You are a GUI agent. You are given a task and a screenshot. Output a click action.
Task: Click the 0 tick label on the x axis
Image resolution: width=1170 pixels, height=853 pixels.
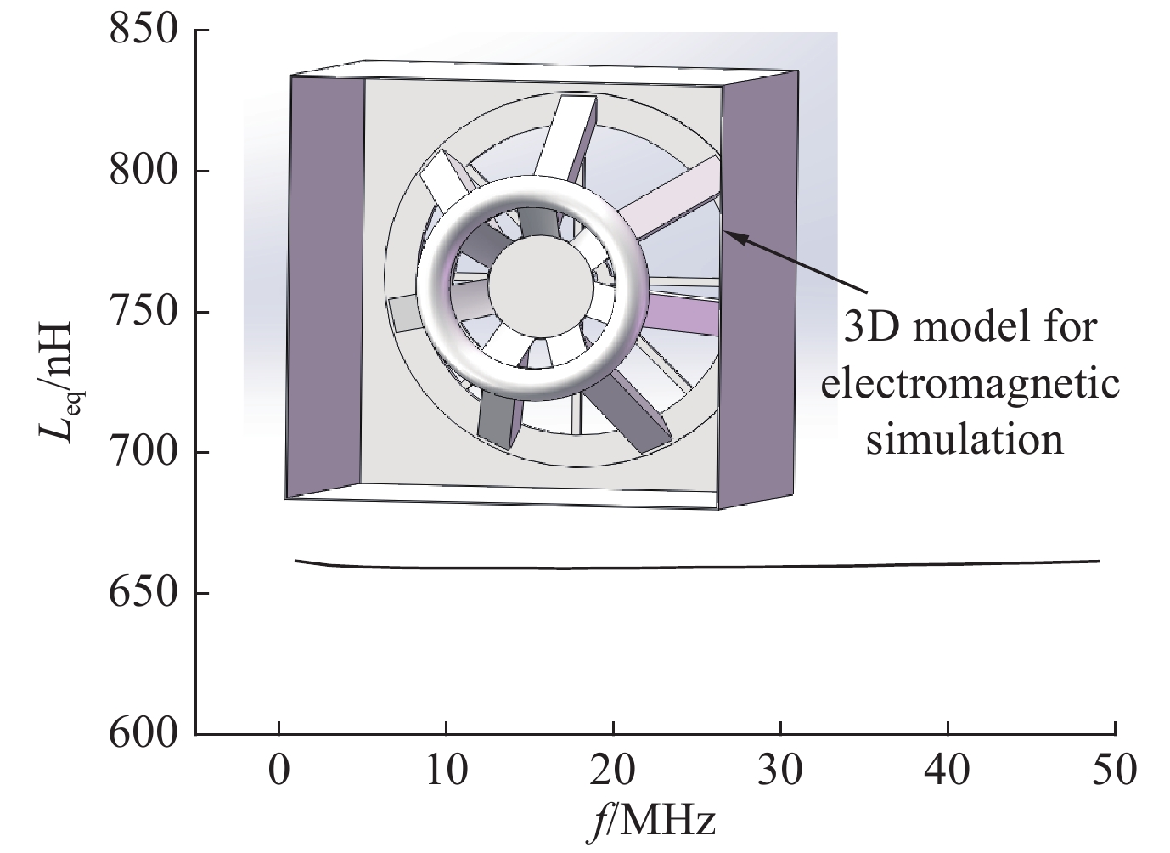point(279,771)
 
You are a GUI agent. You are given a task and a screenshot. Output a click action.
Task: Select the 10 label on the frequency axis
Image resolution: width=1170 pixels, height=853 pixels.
point(447,771)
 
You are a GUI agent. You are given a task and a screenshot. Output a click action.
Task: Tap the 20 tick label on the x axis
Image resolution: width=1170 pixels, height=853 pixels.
point(613,771)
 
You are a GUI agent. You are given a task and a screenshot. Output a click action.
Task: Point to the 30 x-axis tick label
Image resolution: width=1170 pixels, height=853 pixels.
point(780,771)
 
